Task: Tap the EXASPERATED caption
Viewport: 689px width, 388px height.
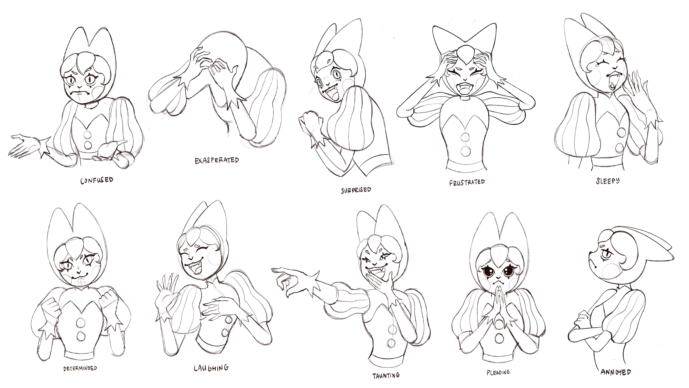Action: [217, 160]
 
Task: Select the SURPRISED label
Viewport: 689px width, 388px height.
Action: [356, 190]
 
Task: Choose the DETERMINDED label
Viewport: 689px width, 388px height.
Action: [80, 368]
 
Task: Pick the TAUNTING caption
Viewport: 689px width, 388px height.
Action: [386, 376]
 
